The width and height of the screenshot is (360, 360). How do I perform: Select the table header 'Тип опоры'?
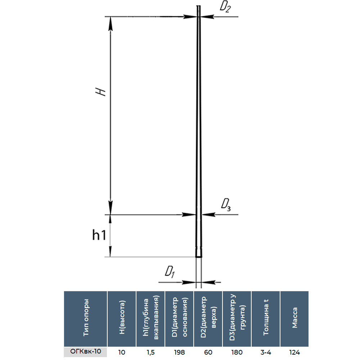(86, 318)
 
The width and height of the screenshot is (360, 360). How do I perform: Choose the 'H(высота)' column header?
(122, 318)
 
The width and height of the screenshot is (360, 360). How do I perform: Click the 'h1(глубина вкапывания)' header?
(150, 318)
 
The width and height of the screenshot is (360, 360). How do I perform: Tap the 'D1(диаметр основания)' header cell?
(179, 318)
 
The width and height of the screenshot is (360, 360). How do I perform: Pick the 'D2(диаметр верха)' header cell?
(208, 318)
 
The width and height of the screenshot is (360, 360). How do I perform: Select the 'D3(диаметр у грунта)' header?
(237, 318)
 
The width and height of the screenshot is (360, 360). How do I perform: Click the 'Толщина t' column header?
(266, 318)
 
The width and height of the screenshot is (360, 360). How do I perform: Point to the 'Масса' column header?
(294, 318)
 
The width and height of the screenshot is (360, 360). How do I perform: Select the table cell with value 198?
(179, 352)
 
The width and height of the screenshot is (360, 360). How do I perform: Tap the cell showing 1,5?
(150, 352)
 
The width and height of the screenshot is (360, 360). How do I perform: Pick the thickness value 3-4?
(266, 352)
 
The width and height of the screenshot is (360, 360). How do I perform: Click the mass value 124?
(294, 352)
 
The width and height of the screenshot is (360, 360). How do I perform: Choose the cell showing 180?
(237, 352)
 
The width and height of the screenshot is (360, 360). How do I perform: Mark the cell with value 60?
(208, 352)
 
